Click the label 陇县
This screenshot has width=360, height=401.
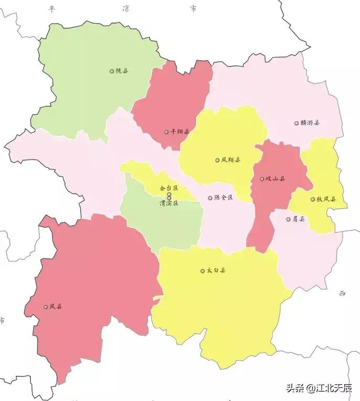122,71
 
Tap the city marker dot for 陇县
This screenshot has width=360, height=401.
112,71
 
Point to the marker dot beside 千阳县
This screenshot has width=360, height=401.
166,132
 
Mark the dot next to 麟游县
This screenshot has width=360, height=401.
296,123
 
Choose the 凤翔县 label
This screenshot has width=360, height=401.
231,160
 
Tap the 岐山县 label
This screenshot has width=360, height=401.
275,179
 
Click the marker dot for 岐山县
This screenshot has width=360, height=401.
262,179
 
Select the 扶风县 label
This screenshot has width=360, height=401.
326,199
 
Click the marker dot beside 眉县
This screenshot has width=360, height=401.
288,219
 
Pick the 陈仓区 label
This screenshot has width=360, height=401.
223,198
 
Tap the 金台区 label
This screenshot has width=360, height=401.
169,188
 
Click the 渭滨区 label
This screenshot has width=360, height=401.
169,203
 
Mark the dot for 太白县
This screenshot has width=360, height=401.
202,271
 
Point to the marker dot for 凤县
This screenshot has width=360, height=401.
46,307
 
